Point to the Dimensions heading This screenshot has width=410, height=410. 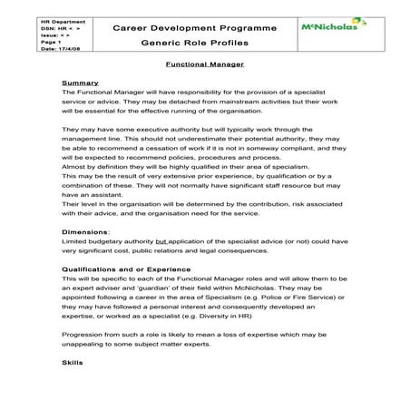click(86, 232)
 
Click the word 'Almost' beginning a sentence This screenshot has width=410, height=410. click(74, 167)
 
